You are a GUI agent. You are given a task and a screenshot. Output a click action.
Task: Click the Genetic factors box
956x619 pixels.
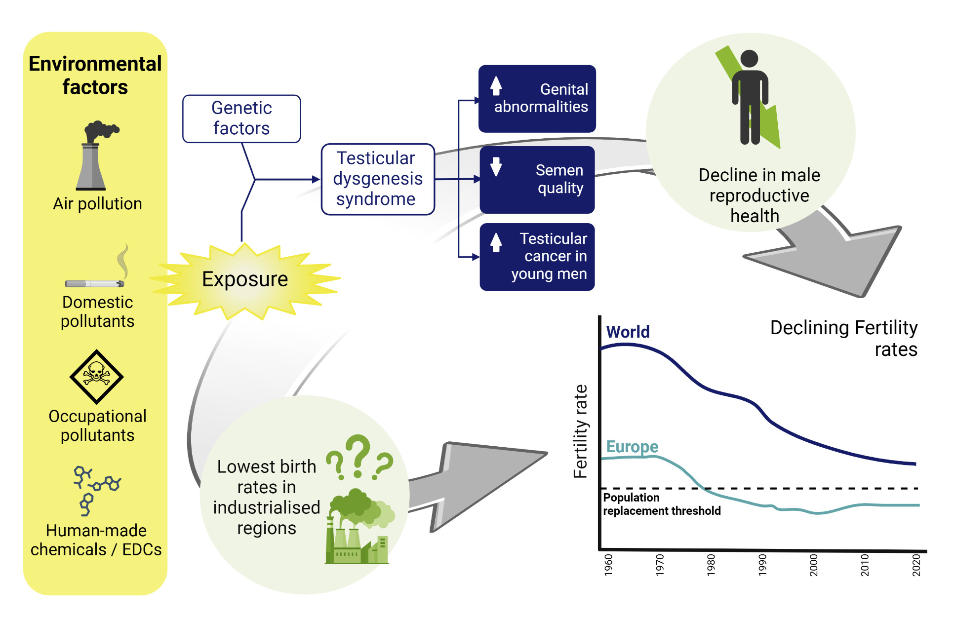(241, 118)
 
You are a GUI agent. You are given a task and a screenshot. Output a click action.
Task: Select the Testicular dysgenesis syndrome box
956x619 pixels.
(378, 179)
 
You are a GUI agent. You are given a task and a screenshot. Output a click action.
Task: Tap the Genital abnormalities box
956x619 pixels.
(537, 99)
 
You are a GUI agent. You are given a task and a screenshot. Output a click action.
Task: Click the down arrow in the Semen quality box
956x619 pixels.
(496, 167)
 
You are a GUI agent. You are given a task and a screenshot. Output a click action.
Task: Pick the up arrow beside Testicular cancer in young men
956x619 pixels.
(496, 242)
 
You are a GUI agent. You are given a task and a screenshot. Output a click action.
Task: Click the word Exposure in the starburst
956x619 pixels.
(245, 279)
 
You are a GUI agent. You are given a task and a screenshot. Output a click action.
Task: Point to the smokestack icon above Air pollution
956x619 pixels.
(96, 155)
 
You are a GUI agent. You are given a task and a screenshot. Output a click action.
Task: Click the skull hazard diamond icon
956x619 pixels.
(96, 377)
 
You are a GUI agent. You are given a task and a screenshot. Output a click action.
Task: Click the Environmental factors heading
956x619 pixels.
(95, 75)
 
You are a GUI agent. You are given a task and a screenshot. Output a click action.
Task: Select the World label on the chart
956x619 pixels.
(628, 332)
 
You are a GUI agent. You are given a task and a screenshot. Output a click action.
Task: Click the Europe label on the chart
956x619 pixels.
(632, 447)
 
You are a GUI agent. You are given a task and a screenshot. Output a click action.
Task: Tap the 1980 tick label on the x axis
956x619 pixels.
(711, 565)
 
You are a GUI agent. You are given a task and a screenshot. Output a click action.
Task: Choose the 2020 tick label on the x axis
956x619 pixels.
(916, 565)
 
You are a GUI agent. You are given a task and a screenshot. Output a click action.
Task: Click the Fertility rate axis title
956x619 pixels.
(581, 431)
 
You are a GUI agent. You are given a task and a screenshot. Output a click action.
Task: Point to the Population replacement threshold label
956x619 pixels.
(662, 504)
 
